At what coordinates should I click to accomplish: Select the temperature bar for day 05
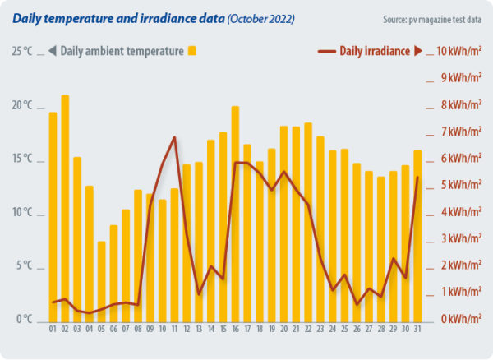(x=101, y=280)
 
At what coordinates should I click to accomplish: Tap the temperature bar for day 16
(x=235, y=213)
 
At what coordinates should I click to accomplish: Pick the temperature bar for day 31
(x=417, y=234)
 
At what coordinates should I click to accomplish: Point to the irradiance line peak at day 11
(x=174, y=137)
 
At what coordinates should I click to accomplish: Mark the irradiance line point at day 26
(x=357, y=304)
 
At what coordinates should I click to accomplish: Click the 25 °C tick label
(x=22, y=52)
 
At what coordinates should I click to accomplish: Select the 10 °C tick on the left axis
(x=22, y=213)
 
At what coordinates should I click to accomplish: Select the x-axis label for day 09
(x=150, y=330)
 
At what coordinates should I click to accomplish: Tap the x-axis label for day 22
(x=308, y=330)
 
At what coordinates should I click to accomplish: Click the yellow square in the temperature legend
(x=192, y=51)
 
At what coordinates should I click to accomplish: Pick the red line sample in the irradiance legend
(x=327, y=51)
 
